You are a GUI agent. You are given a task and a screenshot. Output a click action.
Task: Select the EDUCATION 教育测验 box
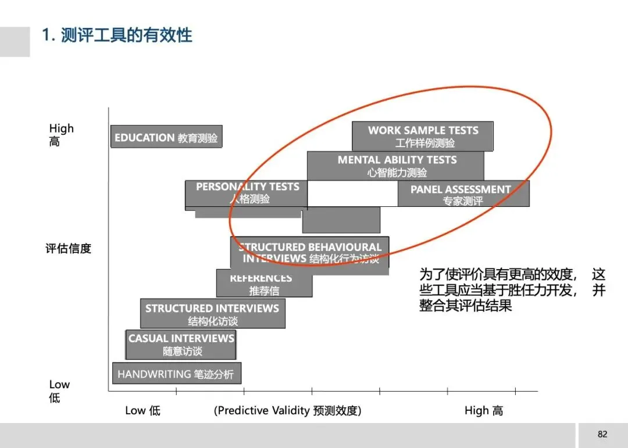click(166, 138)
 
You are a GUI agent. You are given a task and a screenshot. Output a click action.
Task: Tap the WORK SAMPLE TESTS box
click(423, 136)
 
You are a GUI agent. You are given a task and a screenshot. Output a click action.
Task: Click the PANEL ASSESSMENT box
click(463, 194)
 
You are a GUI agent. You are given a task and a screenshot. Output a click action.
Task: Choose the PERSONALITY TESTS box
click(247, 193)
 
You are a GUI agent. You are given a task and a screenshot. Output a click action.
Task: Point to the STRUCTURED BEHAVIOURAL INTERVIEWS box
click(311, 253)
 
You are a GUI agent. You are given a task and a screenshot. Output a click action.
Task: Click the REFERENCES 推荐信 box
click(263, 284)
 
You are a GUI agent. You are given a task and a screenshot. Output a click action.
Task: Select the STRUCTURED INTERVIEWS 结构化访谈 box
click(212, 314)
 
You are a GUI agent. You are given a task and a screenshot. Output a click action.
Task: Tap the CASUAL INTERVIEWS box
click(181, 345)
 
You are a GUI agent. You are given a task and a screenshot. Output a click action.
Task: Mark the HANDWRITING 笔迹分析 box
click(176, 374)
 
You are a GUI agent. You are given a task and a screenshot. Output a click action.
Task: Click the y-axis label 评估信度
click(69, 249)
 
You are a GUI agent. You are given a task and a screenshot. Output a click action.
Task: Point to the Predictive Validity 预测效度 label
click(288, 411)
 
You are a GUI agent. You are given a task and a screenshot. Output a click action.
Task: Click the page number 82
click(602, 434)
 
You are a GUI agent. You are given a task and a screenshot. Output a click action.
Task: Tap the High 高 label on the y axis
click(61, 135)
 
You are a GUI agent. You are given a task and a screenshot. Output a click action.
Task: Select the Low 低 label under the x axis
click(142, 411)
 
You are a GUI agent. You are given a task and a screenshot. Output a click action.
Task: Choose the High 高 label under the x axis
click(484, 411)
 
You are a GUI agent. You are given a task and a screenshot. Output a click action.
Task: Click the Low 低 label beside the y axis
click(59, 390)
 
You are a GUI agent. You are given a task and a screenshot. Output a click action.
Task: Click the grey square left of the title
click(15, 41)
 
